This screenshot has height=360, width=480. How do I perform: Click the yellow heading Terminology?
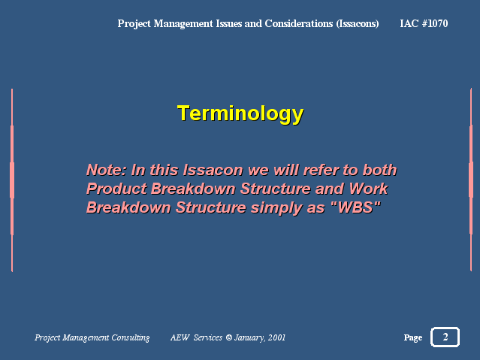(x=240, y=114)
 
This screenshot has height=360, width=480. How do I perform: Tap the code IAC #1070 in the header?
(x=424, y=23)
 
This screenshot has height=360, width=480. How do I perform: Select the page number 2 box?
(x=445, y=337)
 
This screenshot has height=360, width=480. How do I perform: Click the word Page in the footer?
(x=413, y=337)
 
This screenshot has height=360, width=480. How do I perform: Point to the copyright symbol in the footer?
(x=228, y=337)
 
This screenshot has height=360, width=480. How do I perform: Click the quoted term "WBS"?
(x=356, y=207)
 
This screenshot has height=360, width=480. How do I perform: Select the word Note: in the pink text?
(x=106, y=170)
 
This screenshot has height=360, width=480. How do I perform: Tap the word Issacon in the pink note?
(x=213, y=170)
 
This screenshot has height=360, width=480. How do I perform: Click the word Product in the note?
(x=116, y=189)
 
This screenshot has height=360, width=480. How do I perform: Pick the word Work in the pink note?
(x=368, y=189)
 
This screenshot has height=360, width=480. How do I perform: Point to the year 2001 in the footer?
(x=276, y=337)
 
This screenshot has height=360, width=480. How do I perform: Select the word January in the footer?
(x=249, y=338)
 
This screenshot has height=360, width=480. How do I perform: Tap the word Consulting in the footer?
(x=131, y=337)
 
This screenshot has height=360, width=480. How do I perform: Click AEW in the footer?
(x=180, y=337)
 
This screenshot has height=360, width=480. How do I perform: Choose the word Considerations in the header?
(x=299, y=23)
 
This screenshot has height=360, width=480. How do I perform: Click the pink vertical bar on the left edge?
(x=12, y=180)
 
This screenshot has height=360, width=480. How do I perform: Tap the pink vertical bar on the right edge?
(x=471, y=180)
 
